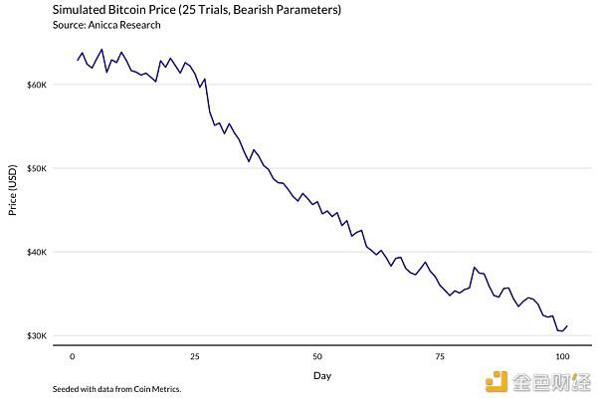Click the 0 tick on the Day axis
[73, 355]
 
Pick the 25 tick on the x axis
[195, 355]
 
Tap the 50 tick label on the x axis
[316, 355]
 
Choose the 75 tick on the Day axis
[439, 355]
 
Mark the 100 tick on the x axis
[561, 355]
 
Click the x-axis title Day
[322, 375]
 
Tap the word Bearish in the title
[262, 10]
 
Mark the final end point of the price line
[566, 325]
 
